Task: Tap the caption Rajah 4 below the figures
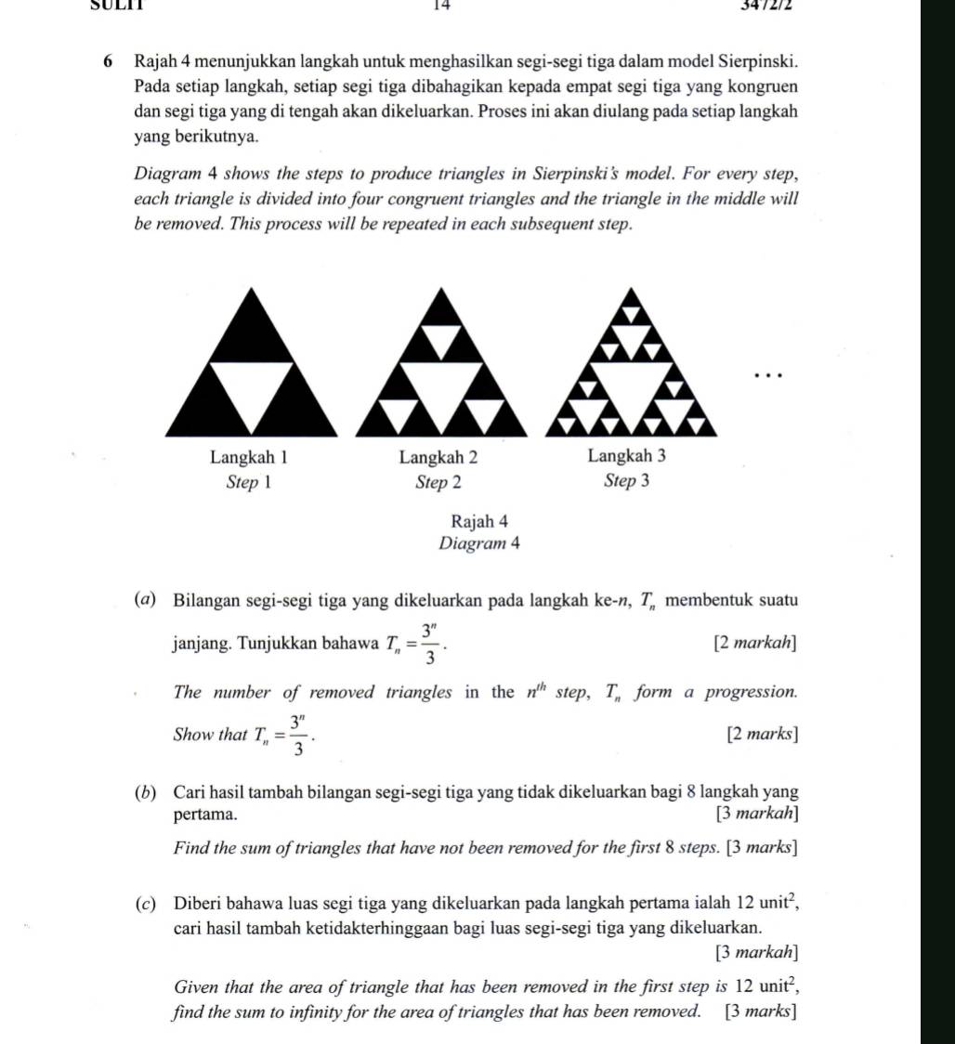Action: [x=477, y=522]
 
